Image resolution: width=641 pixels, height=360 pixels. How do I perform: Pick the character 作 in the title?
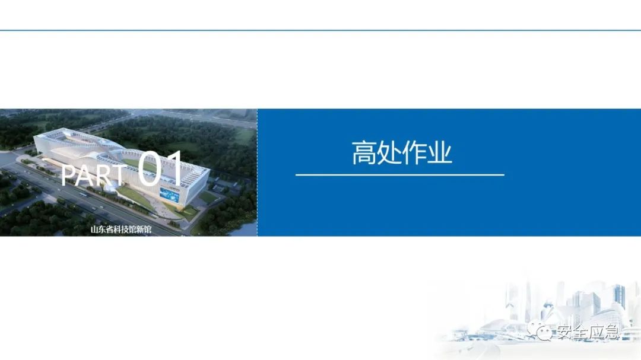[x=415, y=153]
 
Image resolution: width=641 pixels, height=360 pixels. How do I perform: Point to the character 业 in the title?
[x=440, y=153]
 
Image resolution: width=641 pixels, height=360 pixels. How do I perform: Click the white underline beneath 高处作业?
[x=399, y=175]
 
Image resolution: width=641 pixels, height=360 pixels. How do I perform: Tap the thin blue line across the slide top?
[x=320, y=30]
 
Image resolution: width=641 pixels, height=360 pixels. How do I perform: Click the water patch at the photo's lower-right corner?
[x=249, y=228]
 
